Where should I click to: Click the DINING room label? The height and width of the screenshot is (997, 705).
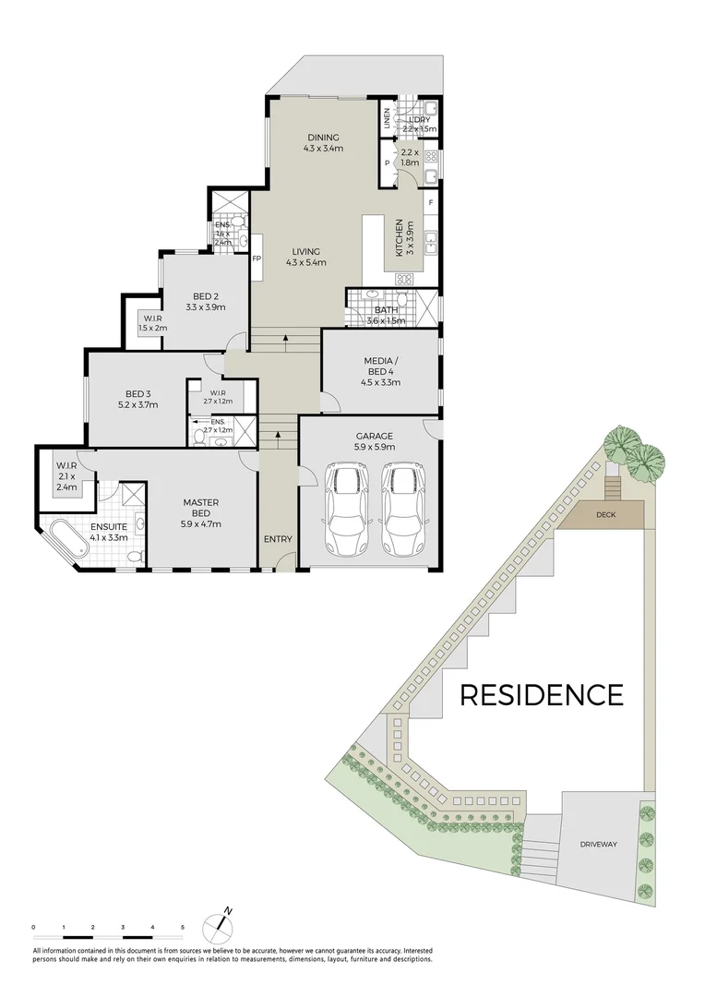tap(324, 138)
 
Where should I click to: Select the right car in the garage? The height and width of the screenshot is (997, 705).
tap(404, 509)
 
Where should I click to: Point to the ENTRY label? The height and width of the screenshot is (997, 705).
tap(278, 539)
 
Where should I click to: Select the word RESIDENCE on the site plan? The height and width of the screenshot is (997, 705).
tap(541, 694)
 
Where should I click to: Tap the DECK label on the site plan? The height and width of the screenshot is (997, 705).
tap(605, 515)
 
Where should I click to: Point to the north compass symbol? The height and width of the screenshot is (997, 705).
tap(222, 919)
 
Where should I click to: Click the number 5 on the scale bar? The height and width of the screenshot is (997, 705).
tap(183, 926)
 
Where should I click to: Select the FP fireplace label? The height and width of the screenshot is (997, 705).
tap(257, 258)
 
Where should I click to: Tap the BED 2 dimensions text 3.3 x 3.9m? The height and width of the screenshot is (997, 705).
tap(206, 307)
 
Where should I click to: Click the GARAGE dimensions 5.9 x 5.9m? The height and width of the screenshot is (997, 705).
tap(375, 447)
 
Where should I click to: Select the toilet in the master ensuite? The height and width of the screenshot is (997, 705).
tap(135, 557)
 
